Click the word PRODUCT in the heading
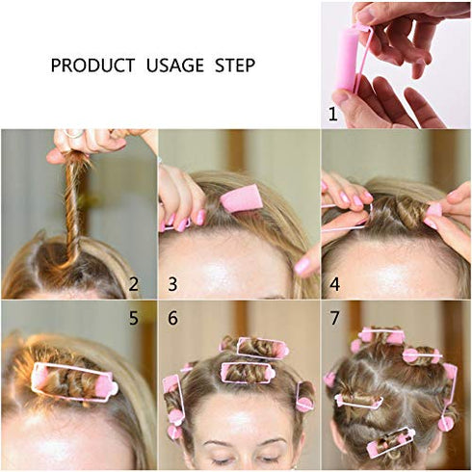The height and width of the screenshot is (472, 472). [x=92, y=66]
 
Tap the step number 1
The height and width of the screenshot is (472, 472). [x=333, y=114]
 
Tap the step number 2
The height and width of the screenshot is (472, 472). [x=134, y=283]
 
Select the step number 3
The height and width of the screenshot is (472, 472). [x=173, y=283]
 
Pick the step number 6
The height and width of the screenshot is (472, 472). [x=173, y=316]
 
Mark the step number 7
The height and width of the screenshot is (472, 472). [x=333, y=316]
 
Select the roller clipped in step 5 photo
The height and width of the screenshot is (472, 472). [x=73, y=380]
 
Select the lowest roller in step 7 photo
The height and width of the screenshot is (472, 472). [x=389, y=444]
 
